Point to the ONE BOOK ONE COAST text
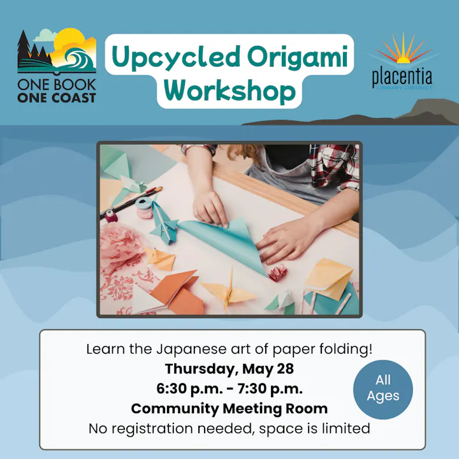point(57,90)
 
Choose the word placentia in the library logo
point(402,77)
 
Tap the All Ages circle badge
point(383,388)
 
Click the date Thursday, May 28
point(229,368)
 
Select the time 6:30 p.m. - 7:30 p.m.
point(229,388)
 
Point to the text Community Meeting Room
point(229,408)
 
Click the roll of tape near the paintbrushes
point(145,208)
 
